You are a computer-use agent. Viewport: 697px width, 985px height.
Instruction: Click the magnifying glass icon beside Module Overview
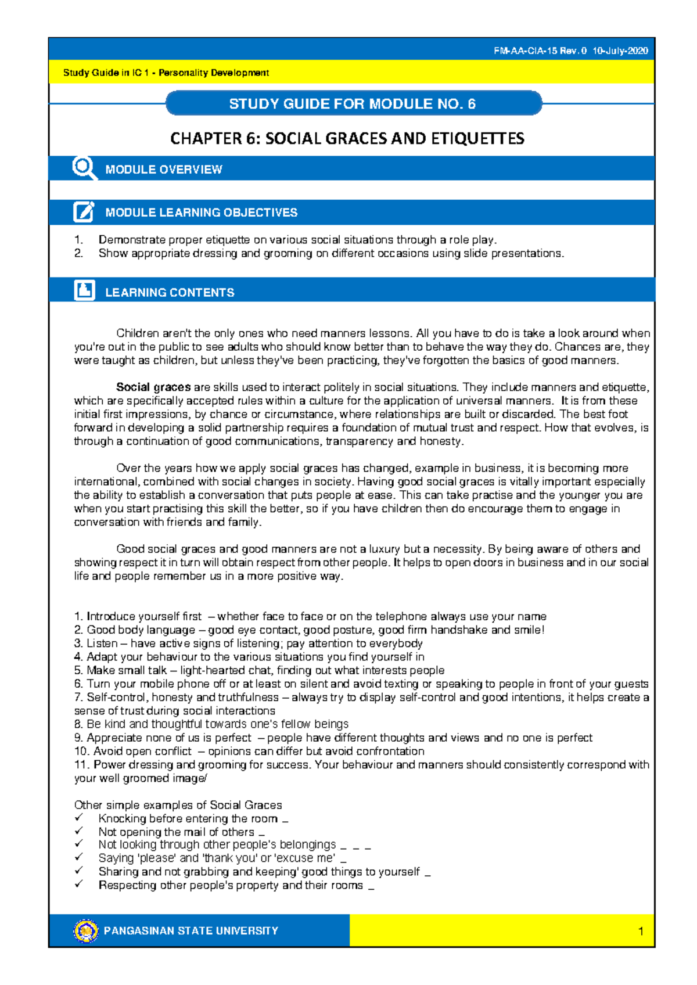point(84,168)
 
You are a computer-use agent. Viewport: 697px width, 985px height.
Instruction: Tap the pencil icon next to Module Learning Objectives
point(84,212)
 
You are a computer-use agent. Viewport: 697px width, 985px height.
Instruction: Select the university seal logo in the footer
point(86,930)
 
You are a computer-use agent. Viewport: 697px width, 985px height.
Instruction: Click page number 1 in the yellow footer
point(641,932)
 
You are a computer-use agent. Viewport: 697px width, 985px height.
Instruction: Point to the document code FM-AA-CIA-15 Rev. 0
point(540,51)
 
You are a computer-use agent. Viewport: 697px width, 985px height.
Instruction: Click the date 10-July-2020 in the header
point(620,51)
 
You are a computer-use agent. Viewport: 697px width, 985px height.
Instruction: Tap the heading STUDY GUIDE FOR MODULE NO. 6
point(352,104)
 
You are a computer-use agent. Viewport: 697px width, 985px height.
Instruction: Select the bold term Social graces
point(153,387)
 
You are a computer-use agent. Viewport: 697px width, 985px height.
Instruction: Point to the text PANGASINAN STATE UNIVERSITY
point(191,930)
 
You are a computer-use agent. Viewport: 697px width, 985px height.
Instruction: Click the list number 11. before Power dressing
point(81,764)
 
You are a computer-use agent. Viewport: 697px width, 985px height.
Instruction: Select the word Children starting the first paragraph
point(137,333)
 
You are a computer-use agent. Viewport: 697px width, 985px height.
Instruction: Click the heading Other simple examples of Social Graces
point(178,805)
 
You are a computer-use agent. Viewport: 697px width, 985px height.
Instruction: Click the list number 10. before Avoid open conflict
point(81,751)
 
